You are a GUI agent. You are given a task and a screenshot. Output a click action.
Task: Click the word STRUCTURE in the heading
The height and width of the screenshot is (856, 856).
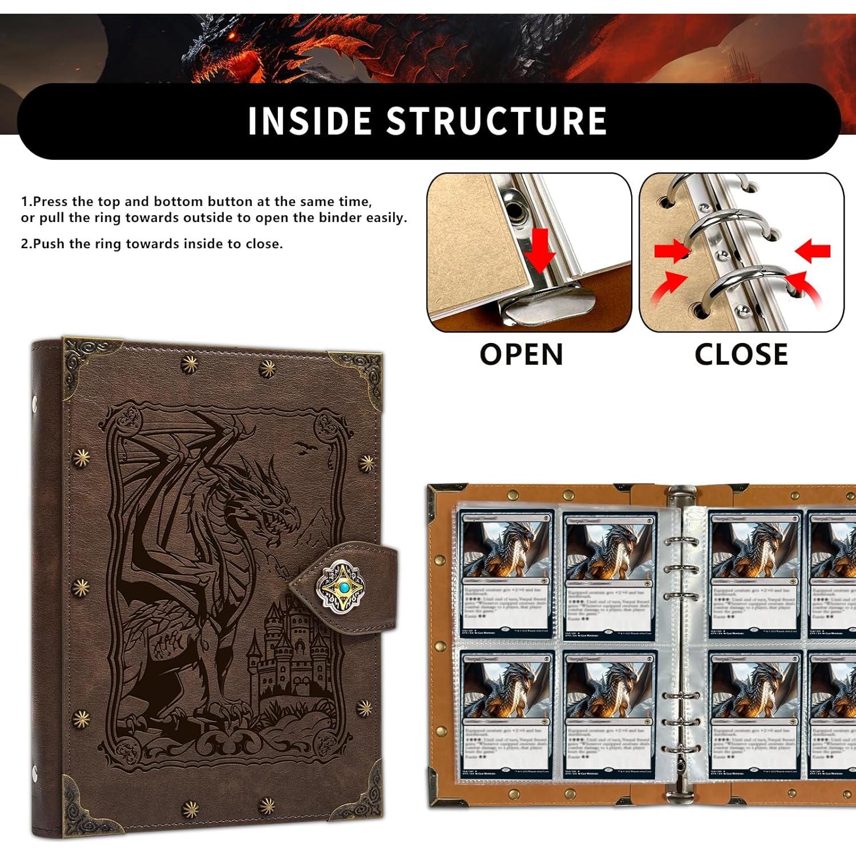point(496,121)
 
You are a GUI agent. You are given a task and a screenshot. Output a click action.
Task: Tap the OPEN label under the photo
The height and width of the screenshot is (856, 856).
point(521,354)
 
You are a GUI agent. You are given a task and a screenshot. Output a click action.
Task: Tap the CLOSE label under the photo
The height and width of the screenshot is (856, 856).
point(741,354)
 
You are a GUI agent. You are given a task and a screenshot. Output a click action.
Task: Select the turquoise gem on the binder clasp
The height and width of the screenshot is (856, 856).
point(343,586)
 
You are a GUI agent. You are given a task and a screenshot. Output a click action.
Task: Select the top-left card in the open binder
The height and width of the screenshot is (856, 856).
point(506,574)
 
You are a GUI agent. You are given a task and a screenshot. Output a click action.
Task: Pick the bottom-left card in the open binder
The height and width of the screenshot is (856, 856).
point(506,713)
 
